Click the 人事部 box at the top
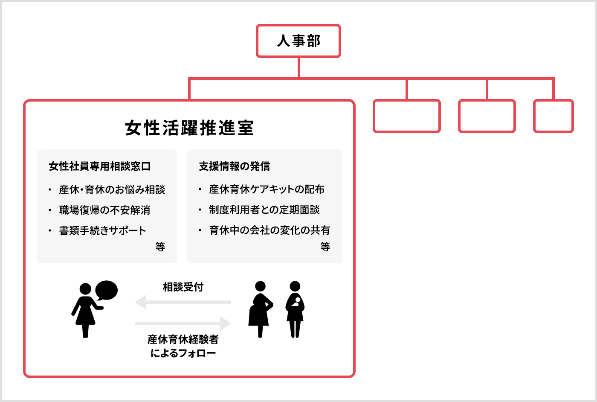pyautogui.click(x=298, y=41)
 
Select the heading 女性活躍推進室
pyautogui.click(x=189, y=128)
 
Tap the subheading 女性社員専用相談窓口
pyautogui.click(x=100, y=166)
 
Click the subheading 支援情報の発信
pyautogui.click(x=234, y=166)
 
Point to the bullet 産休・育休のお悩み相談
pyautogui.click(x=112, y=189)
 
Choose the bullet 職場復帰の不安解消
pyautogui.click(x=104, y=210)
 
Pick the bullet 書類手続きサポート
pyautogui.click(x=102, y=230)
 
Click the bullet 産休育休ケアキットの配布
pyautogui.click(x=267, y=189)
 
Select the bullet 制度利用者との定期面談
pyautogui.click(x=264, y=210)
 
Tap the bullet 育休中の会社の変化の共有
pyautogui.click(x=270, y=230)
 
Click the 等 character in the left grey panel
pyautogui.click(x=160, y=247)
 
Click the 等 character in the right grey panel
pyautogui.click(x=325, y=247)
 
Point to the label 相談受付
pyautogui.click(x=183, y=287)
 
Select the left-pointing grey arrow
pyautogui.click(x=183, y=302)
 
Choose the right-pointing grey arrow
pyautogui.click(x=183, y=323)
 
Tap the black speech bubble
pyautogui.click(x=107, y=290)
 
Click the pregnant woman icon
pyautogui.click(x=261, y=309)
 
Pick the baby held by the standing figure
pyautogui.click(x=296, y=302)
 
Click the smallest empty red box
pyautogui.click(x=554, y=116)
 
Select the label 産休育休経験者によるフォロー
pyautogui.click(x=183, y=346)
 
